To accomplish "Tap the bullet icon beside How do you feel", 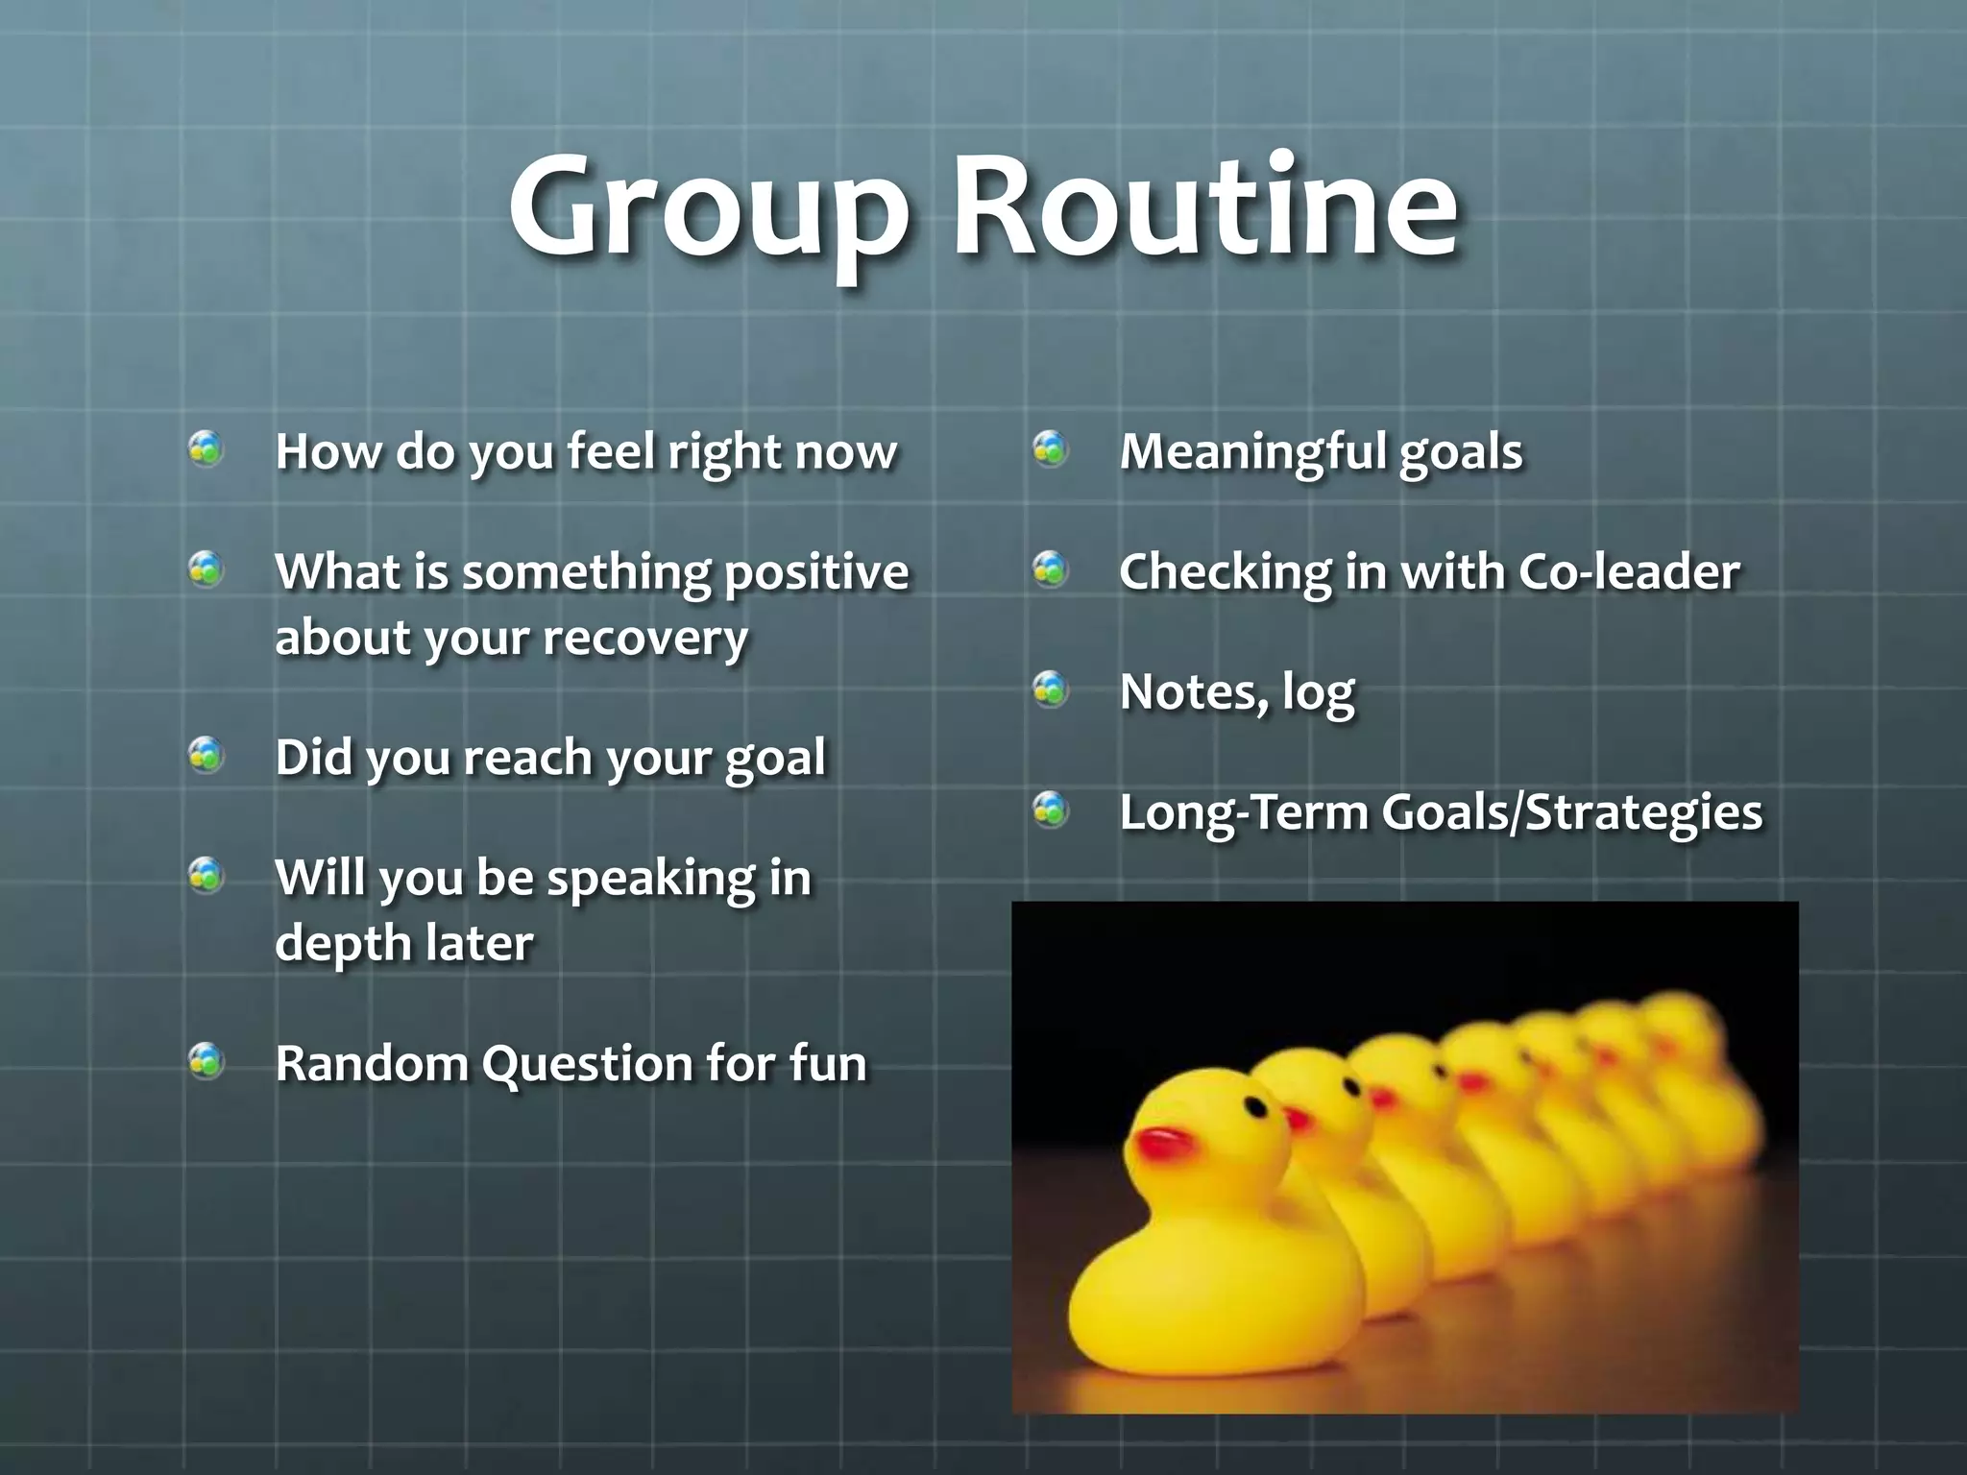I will [206, 448].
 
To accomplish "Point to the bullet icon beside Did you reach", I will [206, 755].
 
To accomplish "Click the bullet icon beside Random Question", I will [206, 1060].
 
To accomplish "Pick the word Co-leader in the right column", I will [1629, 572].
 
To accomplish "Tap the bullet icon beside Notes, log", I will [1051, 689].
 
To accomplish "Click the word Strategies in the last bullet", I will [1643, 813].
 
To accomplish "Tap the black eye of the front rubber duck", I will [1255, 1107].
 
